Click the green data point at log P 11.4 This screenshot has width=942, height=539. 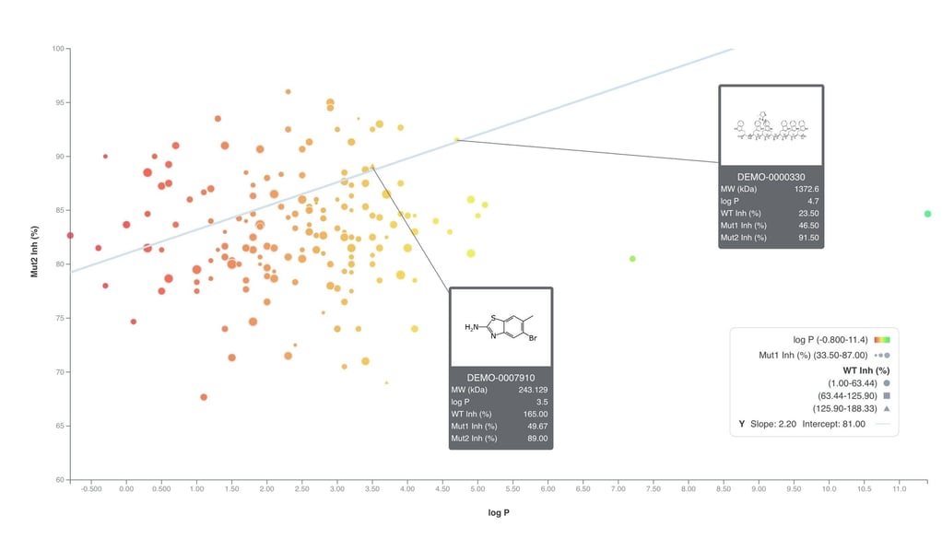click(x=927, y=214)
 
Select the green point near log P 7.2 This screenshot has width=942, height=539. click(x=632, y=259)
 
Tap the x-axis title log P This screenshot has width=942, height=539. click(x=498, y=512)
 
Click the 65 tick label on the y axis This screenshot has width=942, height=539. click(x=58, y=427)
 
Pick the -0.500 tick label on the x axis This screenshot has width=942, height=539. click(x=91, y=490)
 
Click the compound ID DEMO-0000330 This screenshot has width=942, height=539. click(x=771, y=176)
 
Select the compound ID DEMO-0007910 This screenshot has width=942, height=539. click(x=500, y=378)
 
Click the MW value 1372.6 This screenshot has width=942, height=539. click(x=807, y=189)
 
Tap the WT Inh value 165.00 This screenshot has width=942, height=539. click(x=536, y=414)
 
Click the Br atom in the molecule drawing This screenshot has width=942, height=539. click(x=533, y=337)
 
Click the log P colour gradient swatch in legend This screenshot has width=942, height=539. click(x=882, y=340)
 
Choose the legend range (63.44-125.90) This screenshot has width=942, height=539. click(x=842, y=395)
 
